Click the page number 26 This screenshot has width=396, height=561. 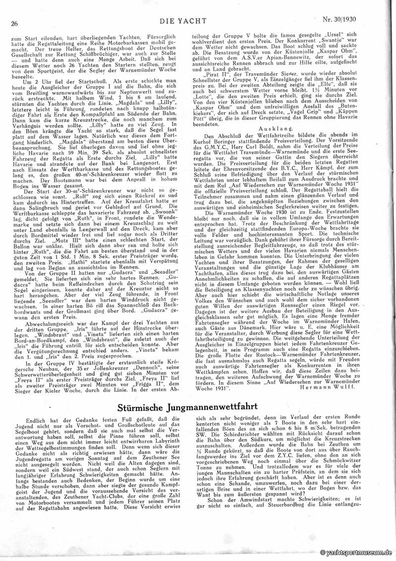[14, 23]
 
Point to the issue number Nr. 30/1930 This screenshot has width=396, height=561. [359, 22]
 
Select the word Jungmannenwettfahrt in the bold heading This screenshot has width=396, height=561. [227, 408]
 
